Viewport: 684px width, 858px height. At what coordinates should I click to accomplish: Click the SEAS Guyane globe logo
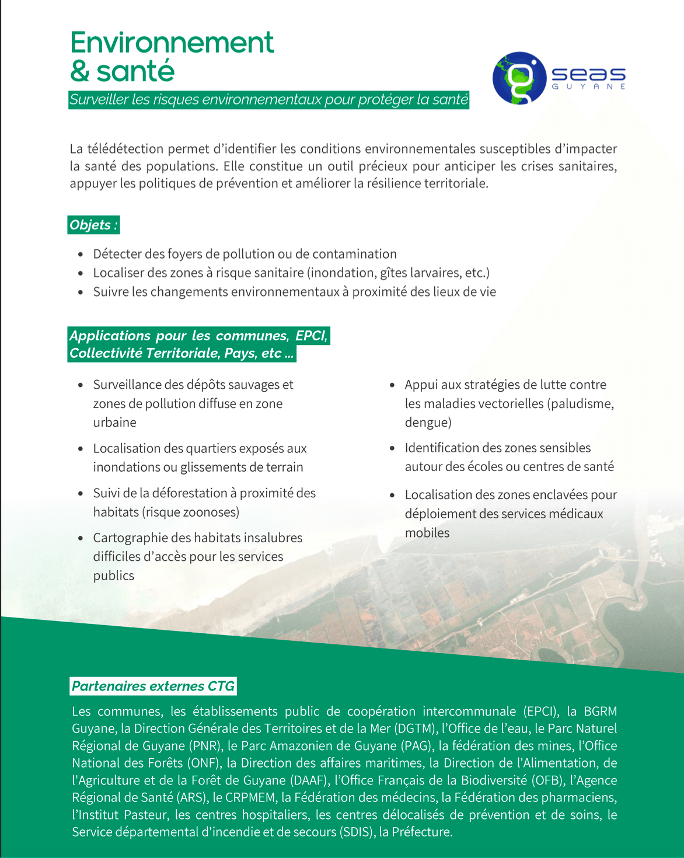point(519,78)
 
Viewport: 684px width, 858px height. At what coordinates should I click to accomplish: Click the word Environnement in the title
point(172,43)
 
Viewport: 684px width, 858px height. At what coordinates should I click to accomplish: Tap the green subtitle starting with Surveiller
point(268,100)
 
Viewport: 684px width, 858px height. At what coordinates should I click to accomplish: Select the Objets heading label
point(93,225)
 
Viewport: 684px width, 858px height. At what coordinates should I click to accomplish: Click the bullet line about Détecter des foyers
point(245,254)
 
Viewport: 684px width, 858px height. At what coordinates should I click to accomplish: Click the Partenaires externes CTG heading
point(153,686)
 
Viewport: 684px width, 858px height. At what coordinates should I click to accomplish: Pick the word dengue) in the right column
point(428,423)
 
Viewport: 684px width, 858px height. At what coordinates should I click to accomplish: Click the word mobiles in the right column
point(427,533)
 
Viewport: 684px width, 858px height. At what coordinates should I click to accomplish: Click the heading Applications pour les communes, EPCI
point(198,336)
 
